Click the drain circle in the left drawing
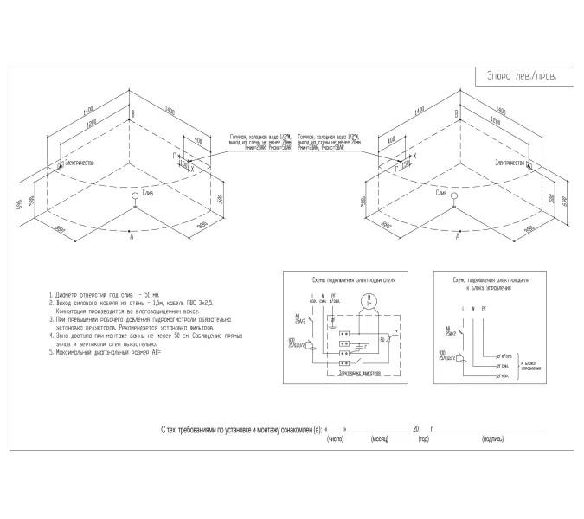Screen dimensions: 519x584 click(x=134, y=195)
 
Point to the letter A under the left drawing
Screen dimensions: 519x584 click(x=132, y=247)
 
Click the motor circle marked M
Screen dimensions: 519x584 click(x=369, y=300)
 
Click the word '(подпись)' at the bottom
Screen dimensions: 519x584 click(x=491, y=439)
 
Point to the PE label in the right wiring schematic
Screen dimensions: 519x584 click(x=485, y=308)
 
